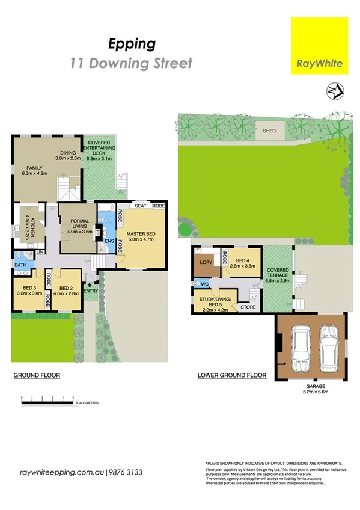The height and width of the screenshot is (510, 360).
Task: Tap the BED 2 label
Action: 66,291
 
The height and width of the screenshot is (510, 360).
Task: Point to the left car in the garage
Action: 299,351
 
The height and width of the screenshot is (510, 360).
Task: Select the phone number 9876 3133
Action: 125,473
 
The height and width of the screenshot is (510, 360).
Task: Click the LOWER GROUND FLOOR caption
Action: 231,376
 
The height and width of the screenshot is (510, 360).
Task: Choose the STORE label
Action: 248,307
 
